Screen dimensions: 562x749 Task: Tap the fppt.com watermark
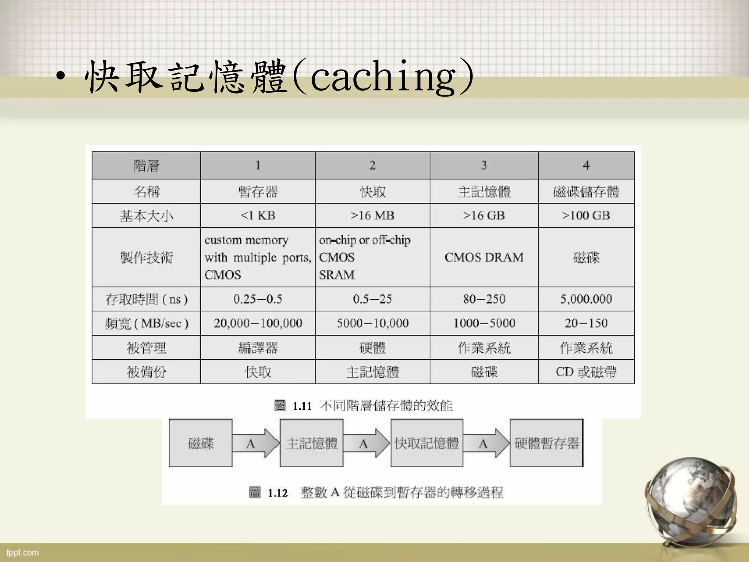(x=23, y=552)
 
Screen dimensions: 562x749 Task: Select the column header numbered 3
(x=483, y=165)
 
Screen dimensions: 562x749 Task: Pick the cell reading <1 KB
(x=257, y=216)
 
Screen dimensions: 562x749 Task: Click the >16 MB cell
(x=372, y=216)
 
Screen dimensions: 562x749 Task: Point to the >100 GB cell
(x=586, y=216)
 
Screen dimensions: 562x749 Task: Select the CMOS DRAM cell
(x=483, y=257)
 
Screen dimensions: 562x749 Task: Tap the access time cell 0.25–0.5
(x=257, y=299)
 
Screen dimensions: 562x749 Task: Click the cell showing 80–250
(x=483, y=299)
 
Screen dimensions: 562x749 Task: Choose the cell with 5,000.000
(x=586, y=299)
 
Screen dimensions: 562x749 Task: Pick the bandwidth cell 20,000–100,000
(x=257, y=323)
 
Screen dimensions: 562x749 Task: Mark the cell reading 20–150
(x=586, y=323)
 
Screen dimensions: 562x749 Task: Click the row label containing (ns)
(x=146, y=299)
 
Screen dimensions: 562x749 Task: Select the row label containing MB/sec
(x=146, y=323)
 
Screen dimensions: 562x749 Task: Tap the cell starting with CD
(x=586, y=372)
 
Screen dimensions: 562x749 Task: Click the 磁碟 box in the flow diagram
(x=201, y=443)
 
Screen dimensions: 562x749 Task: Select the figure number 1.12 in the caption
(x=278, y=493)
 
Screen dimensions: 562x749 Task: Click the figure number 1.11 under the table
(x=302, y=406)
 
